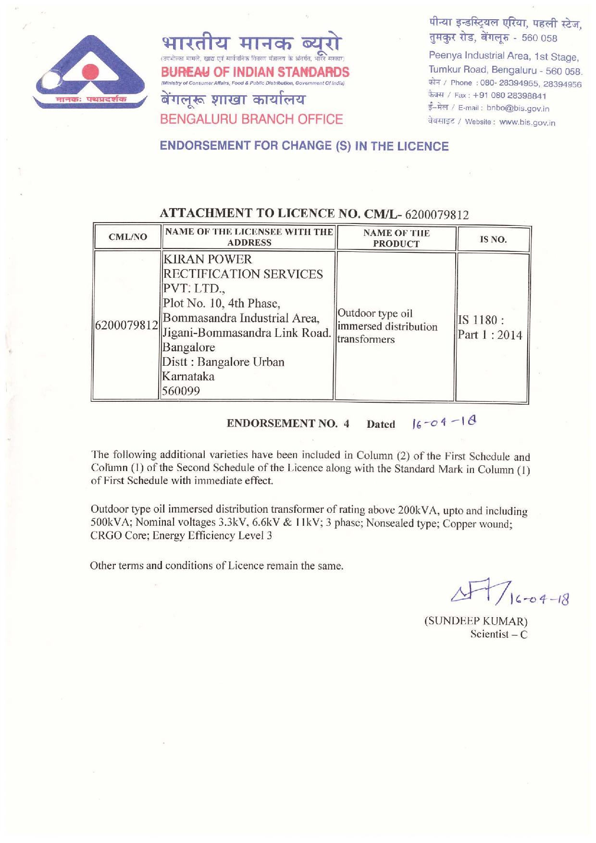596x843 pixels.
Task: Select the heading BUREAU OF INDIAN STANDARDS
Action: point(255,73)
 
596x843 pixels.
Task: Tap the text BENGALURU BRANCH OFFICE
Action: point(251,119)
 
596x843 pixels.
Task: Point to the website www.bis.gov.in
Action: point(527,123)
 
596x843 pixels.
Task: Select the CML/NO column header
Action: point(128,237)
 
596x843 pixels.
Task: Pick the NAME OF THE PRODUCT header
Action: point(396,238)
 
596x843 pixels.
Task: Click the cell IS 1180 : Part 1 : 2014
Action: point(489,328)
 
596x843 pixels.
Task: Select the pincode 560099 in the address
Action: point(181,391)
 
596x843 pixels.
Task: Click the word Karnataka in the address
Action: point(188,376)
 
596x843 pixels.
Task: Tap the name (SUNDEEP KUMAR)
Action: point(476,620)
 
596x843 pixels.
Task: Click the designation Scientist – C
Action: point(498,634)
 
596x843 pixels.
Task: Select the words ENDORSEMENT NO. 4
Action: point(288,423)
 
